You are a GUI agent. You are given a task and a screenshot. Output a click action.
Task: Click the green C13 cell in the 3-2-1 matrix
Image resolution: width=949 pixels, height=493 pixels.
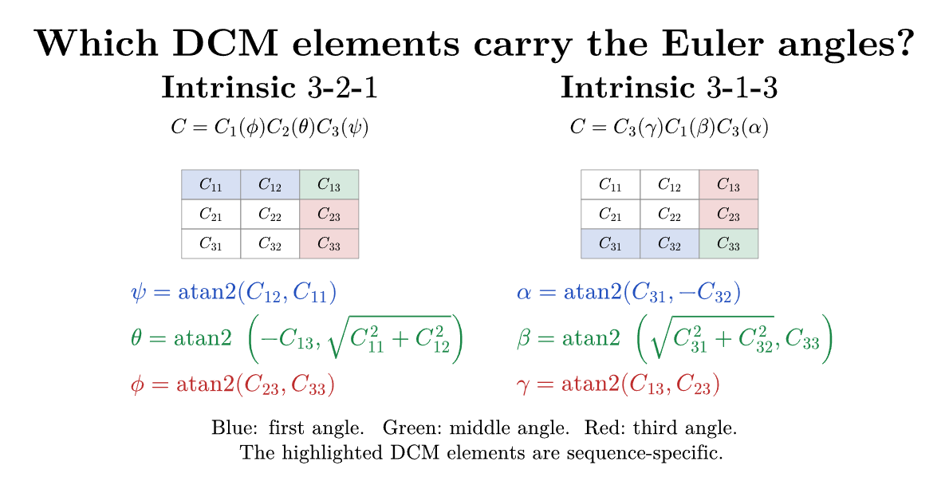[x=329, y=185]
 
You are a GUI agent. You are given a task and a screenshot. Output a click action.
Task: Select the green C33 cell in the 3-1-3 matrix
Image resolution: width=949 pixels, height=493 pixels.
[x=729, y=244]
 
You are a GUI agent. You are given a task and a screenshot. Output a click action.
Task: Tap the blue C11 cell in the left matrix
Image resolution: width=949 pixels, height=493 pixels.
[x=211, y=185]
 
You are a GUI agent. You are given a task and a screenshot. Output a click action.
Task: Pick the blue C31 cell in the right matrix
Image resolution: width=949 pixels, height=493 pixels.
[x=611, y=244]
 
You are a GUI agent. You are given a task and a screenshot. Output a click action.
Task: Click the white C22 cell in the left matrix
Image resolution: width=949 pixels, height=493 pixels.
[x=270, y=215]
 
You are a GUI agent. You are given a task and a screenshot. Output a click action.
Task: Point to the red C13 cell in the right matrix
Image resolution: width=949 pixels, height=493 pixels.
[x=729, y=185]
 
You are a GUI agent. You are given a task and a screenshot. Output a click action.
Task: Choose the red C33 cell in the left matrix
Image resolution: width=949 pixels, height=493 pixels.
[x=329, y=244]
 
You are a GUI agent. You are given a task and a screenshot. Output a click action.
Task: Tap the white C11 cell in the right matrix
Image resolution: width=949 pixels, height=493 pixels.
[x=611, y=185]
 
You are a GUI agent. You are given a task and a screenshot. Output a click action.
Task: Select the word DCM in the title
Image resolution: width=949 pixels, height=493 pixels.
[x=225, y=44]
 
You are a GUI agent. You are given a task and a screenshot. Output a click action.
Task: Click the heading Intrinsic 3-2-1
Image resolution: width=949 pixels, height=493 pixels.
[x=270, y=87]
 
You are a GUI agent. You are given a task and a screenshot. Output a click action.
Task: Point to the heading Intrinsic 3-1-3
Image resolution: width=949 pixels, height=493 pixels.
[x=669, y=87]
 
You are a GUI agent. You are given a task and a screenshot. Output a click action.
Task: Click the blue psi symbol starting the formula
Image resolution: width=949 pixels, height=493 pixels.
[x=138, y=293]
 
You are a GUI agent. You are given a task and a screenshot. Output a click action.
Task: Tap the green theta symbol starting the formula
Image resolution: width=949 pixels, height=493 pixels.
[x=136, y=337]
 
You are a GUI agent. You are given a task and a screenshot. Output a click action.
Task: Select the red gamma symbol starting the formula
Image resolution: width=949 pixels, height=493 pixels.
[x=523, y=386]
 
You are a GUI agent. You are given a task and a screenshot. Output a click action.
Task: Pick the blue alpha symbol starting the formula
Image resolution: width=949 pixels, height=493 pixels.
[x=524, y=293]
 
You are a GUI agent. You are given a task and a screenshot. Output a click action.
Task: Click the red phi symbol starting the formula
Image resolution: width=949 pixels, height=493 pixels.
[x=137, y=385]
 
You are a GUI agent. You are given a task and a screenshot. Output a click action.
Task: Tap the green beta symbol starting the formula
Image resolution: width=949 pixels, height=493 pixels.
[x=524, y=338]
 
